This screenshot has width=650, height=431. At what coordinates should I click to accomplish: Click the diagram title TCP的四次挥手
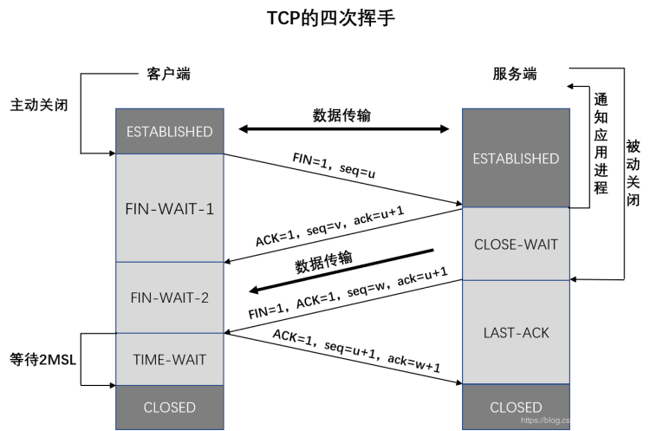point(330,18)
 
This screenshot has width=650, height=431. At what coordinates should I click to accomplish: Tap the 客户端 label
point(168,74)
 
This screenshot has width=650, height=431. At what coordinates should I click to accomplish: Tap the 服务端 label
point(515,74)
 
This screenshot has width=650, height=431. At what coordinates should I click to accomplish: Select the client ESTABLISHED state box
point(170,132)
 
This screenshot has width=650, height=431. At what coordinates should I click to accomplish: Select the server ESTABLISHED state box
point(517,158)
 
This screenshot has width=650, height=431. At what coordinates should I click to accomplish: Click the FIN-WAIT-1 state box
point(170,208)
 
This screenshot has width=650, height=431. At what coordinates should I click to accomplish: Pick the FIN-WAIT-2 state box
point(170,297)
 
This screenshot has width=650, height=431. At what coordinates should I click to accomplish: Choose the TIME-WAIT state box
point(170,359)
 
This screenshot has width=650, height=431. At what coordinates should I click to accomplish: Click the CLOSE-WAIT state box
point(517,244)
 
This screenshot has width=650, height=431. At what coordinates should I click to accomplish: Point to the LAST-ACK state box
point(517,332)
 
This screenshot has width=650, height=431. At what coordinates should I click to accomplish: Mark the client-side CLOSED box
point(170,408)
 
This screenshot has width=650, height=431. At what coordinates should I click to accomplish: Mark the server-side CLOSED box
point(517,407)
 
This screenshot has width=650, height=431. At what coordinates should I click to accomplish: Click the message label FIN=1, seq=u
point(335,165)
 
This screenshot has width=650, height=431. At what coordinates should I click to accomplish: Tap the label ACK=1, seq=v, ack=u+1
point(329,226)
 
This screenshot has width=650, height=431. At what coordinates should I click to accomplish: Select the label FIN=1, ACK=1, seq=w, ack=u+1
point(348,293)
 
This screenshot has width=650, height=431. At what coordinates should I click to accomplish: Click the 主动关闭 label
point(39,105)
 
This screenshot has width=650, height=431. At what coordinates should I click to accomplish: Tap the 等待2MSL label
point(43,359)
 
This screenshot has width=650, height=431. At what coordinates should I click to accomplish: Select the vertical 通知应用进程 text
point(601,144)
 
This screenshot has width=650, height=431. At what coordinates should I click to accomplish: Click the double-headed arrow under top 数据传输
point(344,129)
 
